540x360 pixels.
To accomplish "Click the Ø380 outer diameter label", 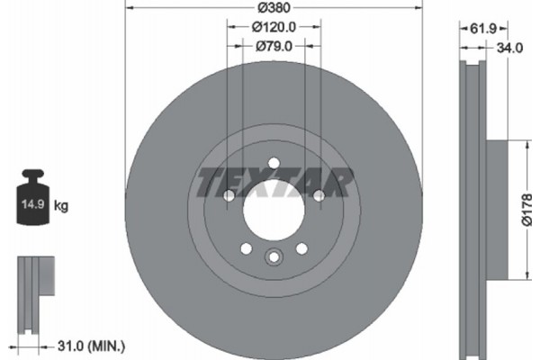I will click(273, 8).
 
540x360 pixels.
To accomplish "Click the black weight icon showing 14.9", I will click(30, 200).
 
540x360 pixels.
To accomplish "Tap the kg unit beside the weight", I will click(61, 206).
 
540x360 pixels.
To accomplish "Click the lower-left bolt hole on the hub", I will click(245, 247).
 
